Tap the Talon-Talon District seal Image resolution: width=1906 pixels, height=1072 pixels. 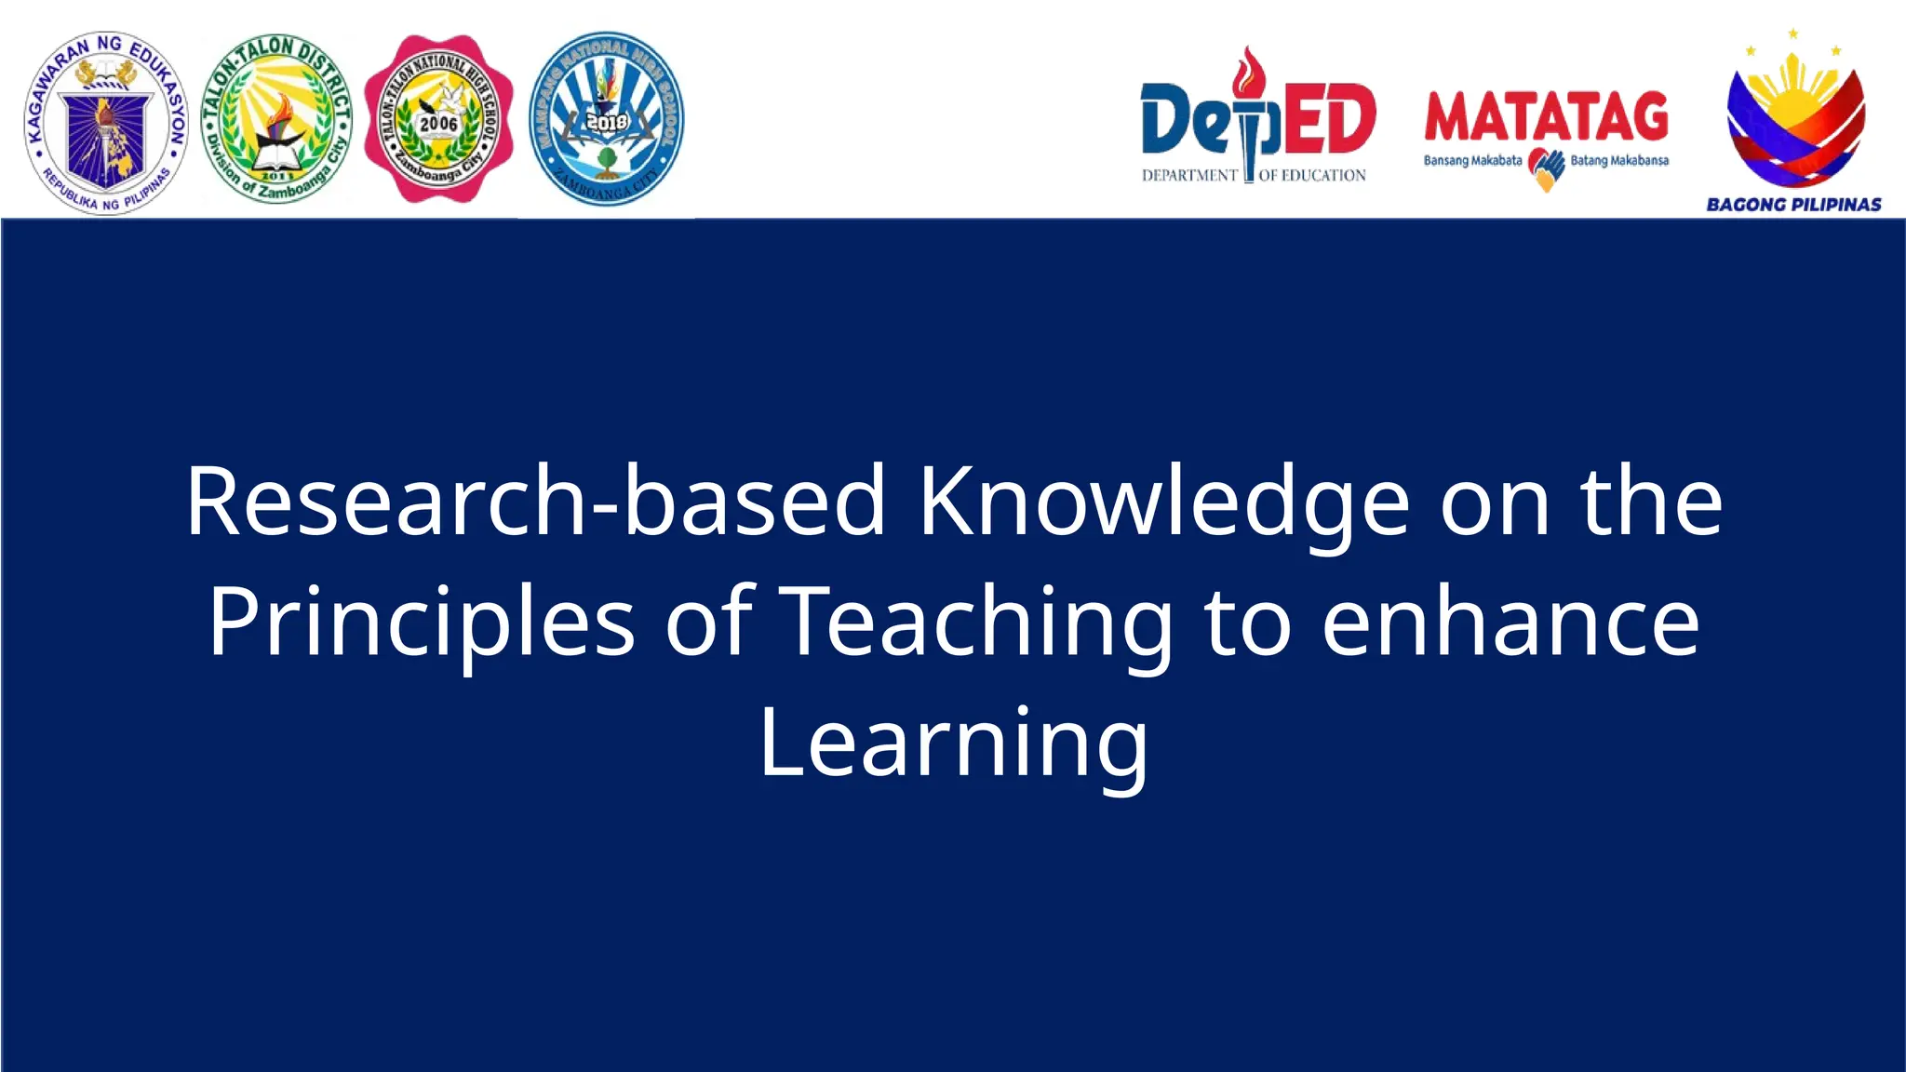coord(276,119)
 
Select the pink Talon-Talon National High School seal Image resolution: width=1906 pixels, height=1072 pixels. coord(438,119)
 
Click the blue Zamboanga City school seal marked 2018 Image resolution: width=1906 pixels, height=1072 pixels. coord(606,118)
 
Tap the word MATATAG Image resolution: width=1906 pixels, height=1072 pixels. coord(1546,117)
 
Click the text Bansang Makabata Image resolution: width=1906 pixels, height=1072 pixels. coord(1472,161)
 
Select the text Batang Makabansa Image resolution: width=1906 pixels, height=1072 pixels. coord(1619,161)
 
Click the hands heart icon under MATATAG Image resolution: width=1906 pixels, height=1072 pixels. coord(1548,168)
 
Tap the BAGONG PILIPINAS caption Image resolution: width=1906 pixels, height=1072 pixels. coord(1793,205)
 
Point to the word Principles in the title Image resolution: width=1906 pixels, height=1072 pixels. coord(421,622)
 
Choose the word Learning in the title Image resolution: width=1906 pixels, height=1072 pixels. coord(954,743)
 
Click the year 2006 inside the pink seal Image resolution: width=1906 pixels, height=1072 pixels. coord(438,124)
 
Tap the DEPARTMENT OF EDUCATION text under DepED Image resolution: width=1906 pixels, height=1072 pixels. coord(1254,175)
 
